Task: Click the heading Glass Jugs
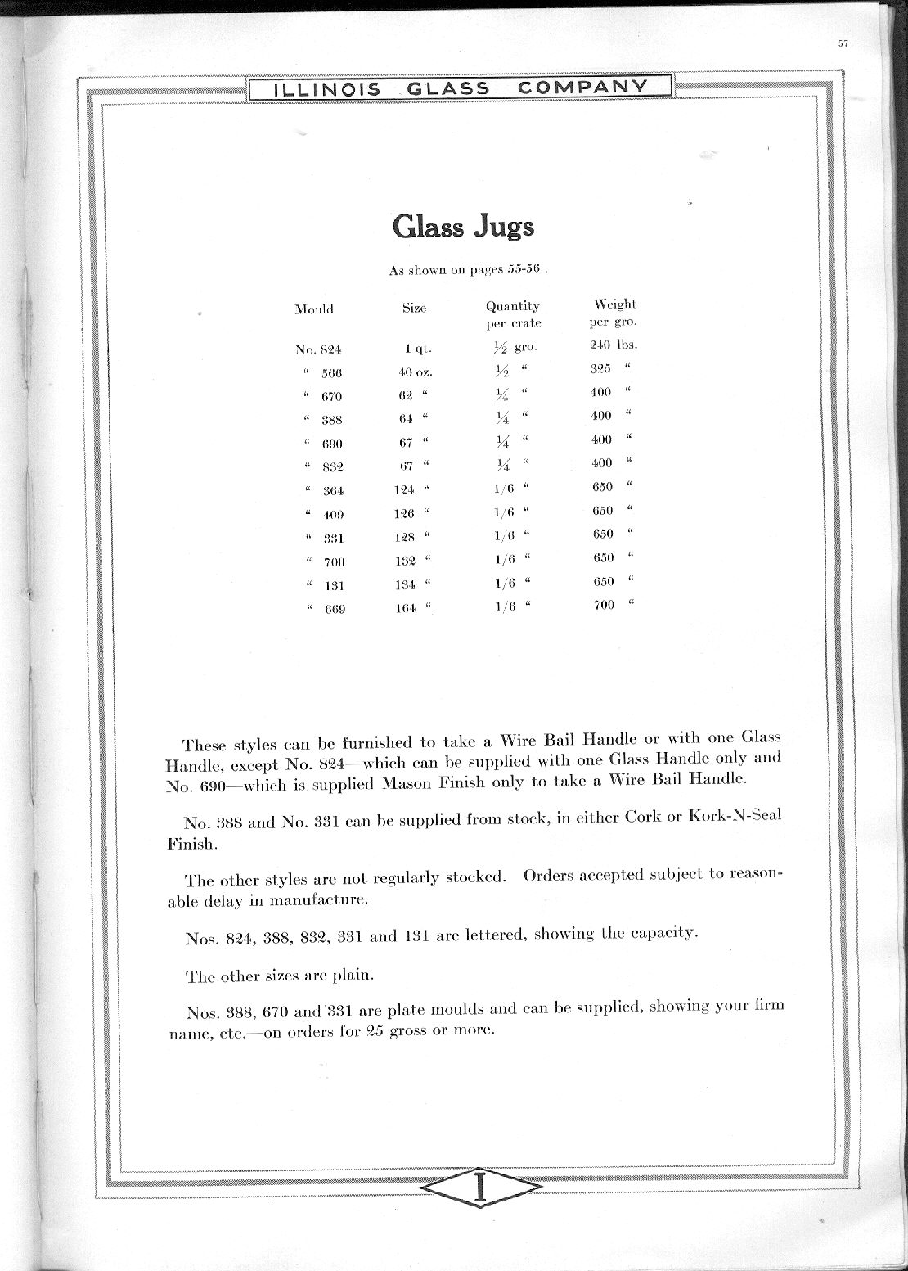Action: coord(463,226)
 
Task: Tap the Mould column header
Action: coord(314,309)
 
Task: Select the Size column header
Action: coord(414,308)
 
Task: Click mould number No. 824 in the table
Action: coord(317,349)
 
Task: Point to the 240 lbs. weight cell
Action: coord(613,345)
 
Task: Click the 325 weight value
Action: coord(601,368)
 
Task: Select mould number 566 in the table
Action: coord(331,373)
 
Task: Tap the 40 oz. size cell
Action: coord(415,372)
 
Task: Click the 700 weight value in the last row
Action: coord(603,605)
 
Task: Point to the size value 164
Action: coord(407,608)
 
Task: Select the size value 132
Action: coord(407,561)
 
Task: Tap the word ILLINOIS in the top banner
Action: coord(327,88)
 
